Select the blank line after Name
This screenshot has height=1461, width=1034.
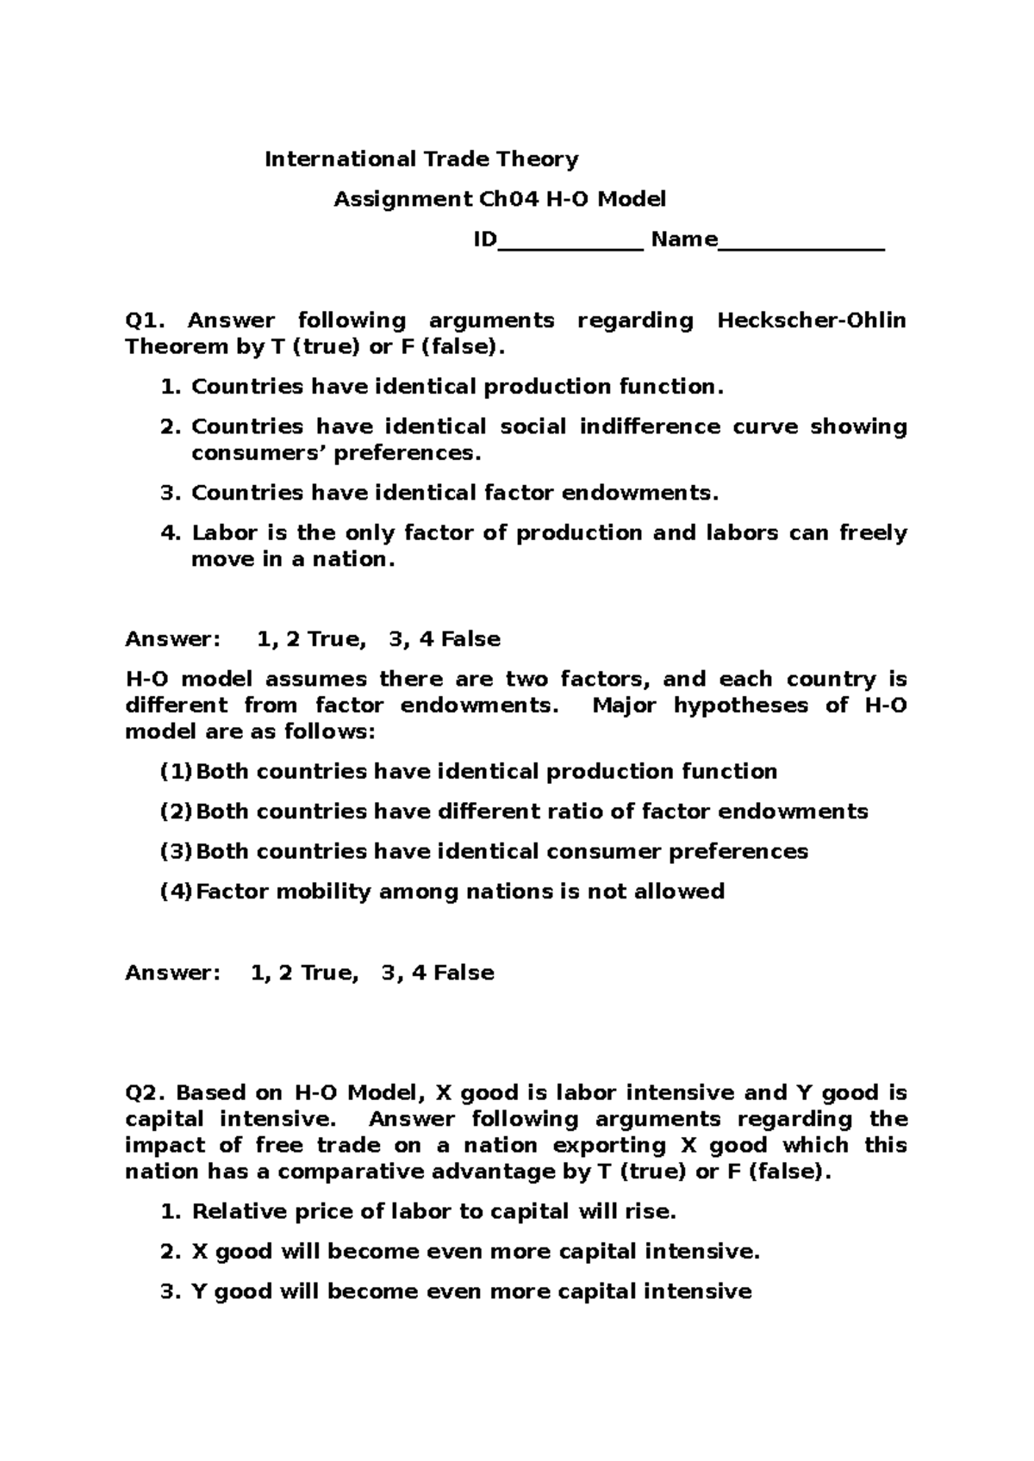point(800,240)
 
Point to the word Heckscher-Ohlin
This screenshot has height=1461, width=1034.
point(811,321)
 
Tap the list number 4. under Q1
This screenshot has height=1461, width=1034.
point(171,533)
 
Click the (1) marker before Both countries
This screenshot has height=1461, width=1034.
point(177,772)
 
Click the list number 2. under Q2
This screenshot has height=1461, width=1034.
point(171,1252)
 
